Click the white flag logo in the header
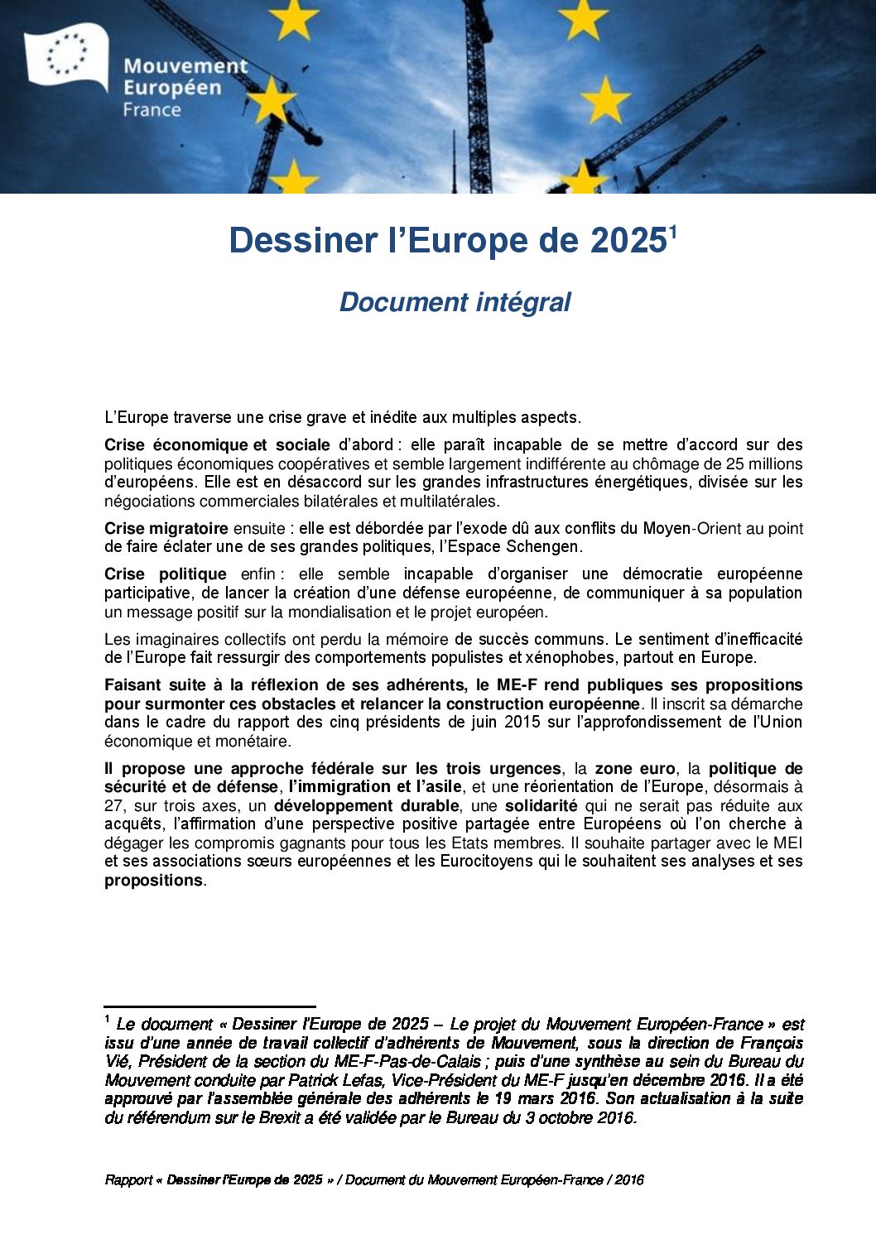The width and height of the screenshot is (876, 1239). (x=66, y=55)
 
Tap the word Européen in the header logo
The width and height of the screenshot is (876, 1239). (x=172, y=88)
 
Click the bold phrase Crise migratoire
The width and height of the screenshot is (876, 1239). (x=166, y=528)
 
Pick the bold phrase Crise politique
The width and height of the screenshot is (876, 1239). (x=165, y=574)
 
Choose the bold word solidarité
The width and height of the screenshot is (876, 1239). (x=541, y=805)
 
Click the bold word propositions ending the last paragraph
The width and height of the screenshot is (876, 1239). (x=153, y=880)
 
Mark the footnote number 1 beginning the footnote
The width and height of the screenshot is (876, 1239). (x=108, y=1019)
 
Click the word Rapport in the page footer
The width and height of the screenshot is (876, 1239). (x=128, y=1179)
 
